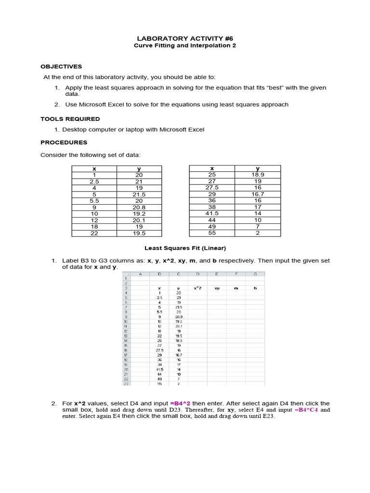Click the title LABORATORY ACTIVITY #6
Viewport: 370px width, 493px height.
(x=185, y=38)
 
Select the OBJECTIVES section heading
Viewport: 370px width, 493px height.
(x=61, y=66)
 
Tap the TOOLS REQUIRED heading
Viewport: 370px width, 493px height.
(x=70, y=118)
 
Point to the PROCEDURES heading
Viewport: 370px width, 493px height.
(x=64, y=142)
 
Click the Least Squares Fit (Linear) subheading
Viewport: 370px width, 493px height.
(x=185, y=248)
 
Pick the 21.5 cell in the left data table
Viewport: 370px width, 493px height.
(x=139, y=195)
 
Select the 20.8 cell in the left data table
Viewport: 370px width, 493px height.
(x=139, y=208)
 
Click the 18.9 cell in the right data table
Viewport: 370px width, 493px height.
(x=258, y=175)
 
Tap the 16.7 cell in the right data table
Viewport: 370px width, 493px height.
(x=258, y=194)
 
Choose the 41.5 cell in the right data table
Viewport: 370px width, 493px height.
(x=212, y=213)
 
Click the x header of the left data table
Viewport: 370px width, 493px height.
(x=94, y=169)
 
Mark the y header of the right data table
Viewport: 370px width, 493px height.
(x=258, y=169)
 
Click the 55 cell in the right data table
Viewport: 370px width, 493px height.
(x=212, y=233)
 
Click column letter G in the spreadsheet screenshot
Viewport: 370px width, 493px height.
(x=255, y=274)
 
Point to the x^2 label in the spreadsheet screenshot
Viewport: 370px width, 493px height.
(x=198, y=288)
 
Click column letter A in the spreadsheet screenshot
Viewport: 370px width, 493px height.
(x=140, y=274)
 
